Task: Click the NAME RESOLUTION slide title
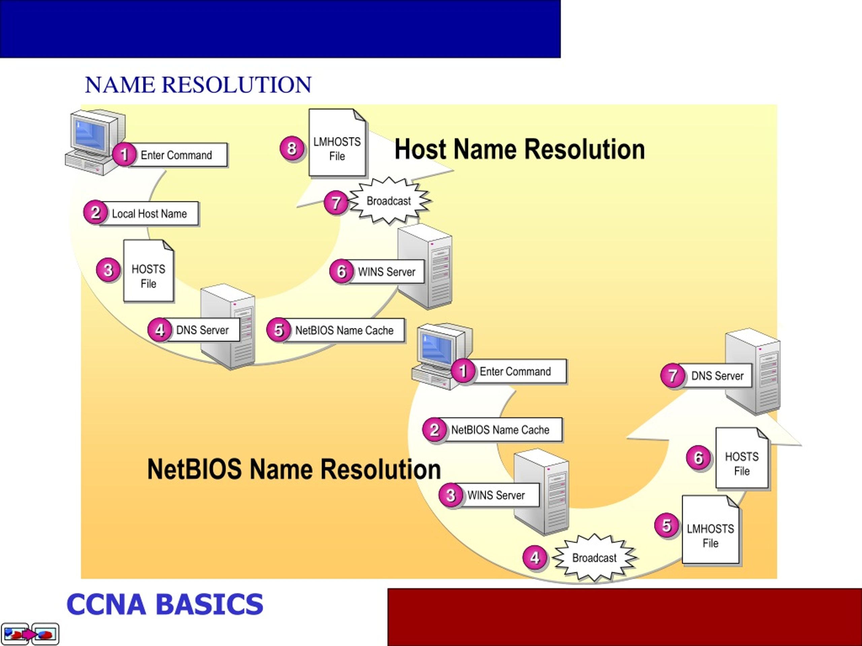pos(198,84)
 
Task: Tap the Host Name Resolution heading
pos(520,149)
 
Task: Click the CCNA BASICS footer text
pos(165,604)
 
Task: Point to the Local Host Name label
pos(149,213)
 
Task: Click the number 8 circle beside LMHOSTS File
pos(292,148)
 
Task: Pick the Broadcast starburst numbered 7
pos(389,201)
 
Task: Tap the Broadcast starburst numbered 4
pos(594,558)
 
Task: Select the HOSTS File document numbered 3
pos(148,271)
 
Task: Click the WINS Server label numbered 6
pos(386,272)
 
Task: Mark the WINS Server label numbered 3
pos(495,495)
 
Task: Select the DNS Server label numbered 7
pos(717,376)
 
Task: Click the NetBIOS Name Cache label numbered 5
pos(344,330)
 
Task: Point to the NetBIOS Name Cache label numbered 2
pos(500,430)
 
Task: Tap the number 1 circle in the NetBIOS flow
pos(463,371)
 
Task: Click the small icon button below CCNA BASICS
pos(30,634)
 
